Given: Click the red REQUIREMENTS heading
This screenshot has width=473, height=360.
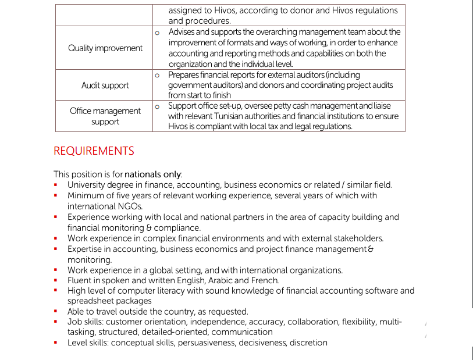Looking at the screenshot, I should tap(94, 151).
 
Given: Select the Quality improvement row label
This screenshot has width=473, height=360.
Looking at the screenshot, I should tap(105, 48).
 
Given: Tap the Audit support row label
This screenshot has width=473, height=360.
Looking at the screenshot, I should tap(105, 85).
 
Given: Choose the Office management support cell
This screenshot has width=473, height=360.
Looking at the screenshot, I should tap(105, 116).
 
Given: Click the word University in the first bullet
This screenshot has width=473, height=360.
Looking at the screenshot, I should tap(87, 185).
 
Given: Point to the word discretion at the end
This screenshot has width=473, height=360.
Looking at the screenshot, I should tap(308, 343).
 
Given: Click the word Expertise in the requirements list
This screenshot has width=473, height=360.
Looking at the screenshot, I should tap(86, 249).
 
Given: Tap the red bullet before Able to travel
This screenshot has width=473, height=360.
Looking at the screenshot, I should tap(55, 312).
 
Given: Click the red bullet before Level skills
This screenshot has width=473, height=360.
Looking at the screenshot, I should tap(55, 343).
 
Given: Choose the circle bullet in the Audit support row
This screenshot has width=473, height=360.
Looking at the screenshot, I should tap(158, 76).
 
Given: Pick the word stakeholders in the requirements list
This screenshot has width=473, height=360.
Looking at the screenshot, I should tap(358, 238).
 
